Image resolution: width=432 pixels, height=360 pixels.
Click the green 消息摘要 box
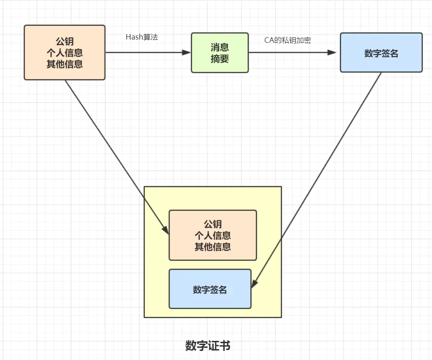pos(219,53)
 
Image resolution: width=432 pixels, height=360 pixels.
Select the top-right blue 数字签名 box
pos(381,53)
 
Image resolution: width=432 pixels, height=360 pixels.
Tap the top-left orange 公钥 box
pos(65,53)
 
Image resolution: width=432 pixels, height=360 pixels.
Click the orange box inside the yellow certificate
pos(213,235)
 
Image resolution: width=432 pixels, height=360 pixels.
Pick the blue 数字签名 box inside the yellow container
pos(210,289)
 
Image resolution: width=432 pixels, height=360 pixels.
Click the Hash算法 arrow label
pos(142,37)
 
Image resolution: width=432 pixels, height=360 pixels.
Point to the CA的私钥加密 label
pos(288,40)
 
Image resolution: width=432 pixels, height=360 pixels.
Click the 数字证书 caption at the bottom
pos(208,346)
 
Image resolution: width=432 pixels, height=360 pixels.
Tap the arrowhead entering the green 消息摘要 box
pos(186,52)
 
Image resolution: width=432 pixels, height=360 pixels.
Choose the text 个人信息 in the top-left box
pos(65,53)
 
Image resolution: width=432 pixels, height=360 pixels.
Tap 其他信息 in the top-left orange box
pos(65,64)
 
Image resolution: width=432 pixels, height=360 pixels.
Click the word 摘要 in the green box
pos(219,59)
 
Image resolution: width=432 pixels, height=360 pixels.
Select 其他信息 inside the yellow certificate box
pos(213,247)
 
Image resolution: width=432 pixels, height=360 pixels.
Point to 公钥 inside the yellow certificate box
pos(213,224)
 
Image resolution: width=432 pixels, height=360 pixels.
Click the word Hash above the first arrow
pos(134,37)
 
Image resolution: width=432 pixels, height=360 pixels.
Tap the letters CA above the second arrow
pos(269,40)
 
